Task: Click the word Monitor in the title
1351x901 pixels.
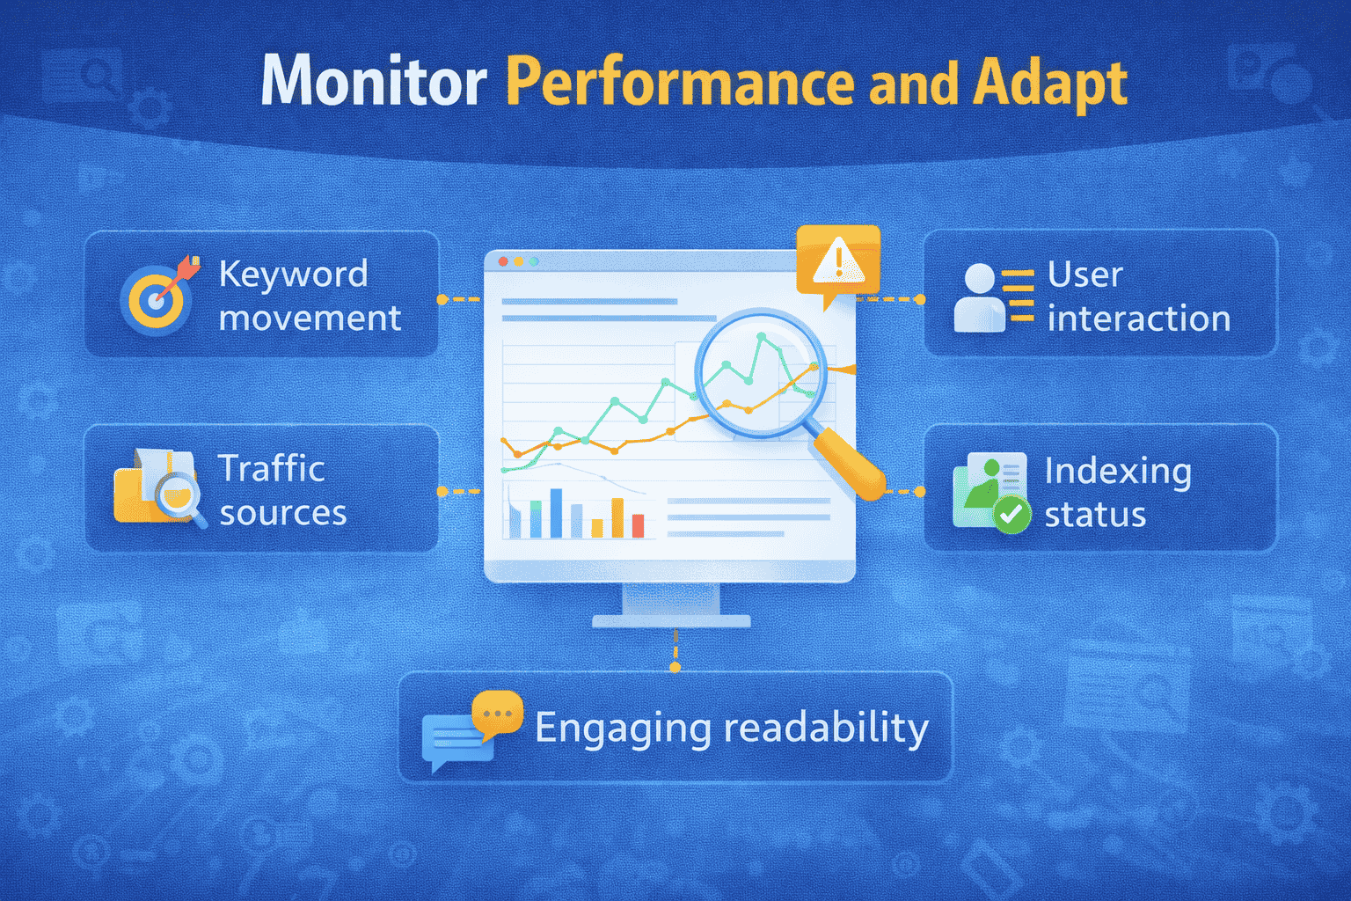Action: (374, 82)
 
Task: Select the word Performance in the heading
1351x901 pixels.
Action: (680, 82)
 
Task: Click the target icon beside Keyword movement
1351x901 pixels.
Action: (157, 299)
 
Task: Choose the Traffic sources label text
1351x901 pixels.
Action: (281, 490)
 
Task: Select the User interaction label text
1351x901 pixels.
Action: (1137, 297)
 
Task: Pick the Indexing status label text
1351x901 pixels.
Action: (1117, 492)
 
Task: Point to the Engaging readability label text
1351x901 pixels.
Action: (731, 728)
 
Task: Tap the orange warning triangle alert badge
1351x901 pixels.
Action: (837, 261)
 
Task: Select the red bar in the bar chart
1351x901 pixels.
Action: (638, 525)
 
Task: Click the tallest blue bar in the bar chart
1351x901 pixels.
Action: (556, 513)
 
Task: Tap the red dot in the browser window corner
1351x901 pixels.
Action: (503, 261)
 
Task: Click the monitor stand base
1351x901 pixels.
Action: (671, 620)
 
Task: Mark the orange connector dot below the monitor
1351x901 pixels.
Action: (675, 667)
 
